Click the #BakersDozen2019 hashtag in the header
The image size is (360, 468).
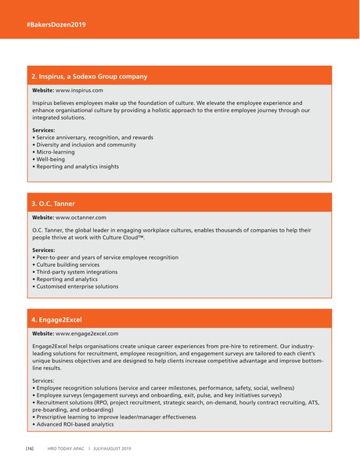pyautogui.click(x=56, y=25)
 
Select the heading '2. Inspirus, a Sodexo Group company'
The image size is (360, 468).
pyautogui.click(x=89, y=77)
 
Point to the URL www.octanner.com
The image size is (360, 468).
pyautogui.click(x=81, y=217)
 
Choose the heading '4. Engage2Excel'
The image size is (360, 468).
pyautogui.click(x=56, y=320)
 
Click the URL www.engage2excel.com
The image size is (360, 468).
pyautogui.click(x=87, y=333)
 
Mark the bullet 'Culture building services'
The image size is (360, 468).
pyautogui.click(x=69, y=265)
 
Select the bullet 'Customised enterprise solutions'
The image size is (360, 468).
pyautogui.click(x=77, y=286)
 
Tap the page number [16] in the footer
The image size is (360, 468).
pyautogui.click(x=29, y=448)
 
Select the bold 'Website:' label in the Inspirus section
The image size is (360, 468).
pyautogui.click(x=43, y=91)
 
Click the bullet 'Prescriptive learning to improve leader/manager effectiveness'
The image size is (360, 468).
pyautogui.click(x=114, y=417)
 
